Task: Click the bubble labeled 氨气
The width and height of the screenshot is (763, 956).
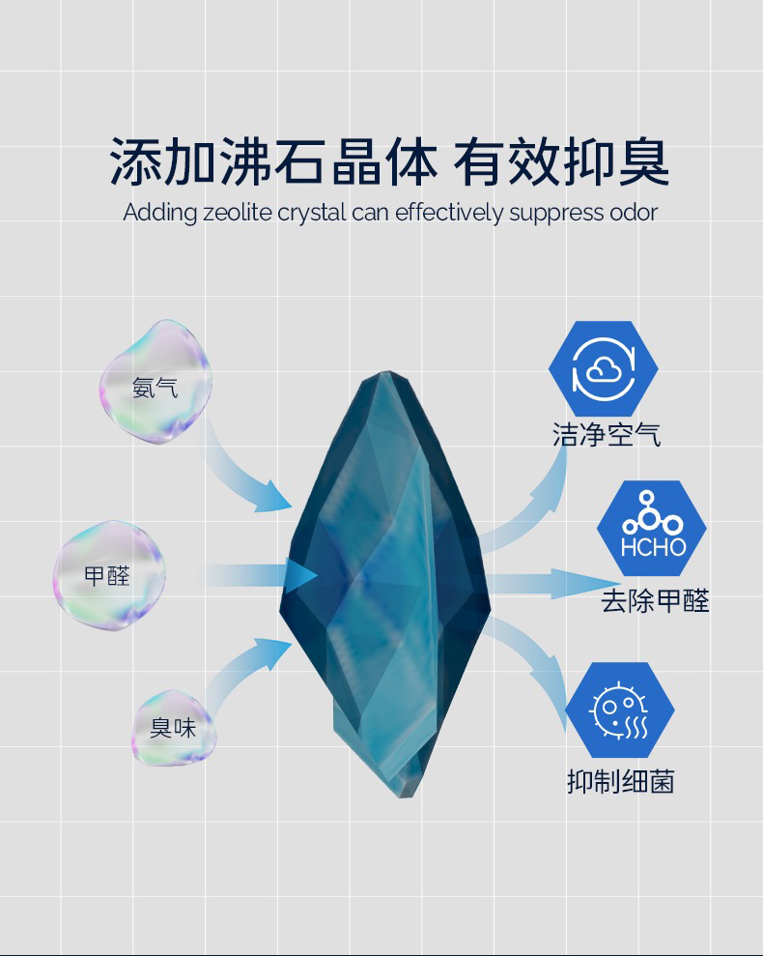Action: click(155, 383)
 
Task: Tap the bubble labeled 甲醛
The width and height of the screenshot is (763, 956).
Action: click(108, 576)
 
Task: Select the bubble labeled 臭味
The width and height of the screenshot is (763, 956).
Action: click(173, 727)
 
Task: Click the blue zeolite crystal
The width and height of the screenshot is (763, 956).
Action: click(386, 580)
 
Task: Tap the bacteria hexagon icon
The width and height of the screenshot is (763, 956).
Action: click(619, 710)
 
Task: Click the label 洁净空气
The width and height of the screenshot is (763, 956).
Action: click(607, 434)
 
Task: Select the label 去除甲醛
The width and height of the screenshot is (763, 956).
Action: click(655, 601)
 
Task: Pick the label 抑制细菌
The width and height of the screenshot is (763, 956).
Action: click(620, 781)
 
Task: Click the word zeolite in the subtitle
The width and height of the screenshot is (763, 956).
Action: click(239, 213)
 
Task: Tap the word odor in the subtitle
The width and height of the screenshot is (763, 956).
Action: click(634, 213)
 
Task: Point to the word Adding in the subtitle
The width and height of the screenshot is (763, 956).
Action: click(160, 213)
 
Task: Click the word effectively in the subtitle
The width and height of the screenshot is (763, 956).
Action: click(449, 213)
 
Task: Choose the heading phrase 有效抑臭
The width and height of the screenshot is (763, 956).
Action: click(561, 161)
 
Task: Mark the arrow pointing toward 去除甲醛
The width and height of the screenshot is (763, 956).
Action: click(551, 583)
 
